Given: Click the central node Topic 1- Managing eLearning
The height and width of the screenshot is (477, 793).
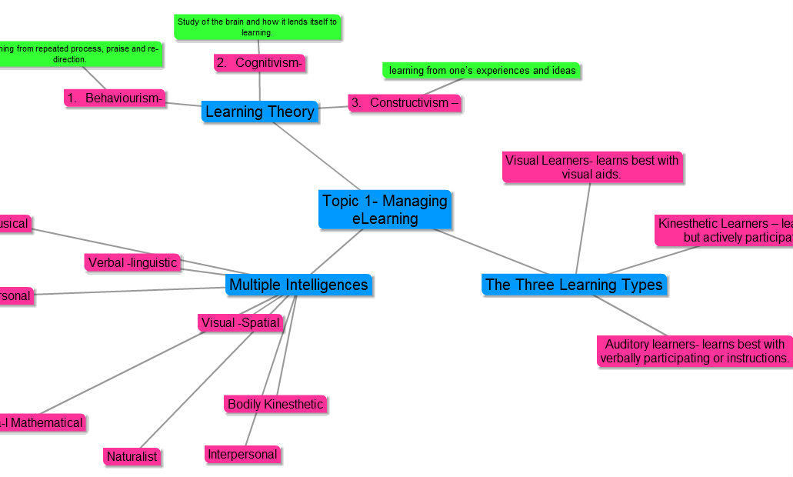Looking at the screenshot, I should pyautogui.click(x=385, y=209).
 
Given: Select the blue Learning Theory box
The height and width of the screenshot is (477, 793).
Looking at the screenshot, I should pyautogui.click(x=260, y=112).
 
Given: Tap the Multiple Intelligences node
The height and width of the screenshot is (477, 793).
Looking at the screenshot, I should pyautogui.click(x=298, y=285).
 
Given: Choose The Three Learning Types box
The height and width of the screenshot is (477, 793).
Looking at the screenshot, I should pyautogui.click(x=574, y=285).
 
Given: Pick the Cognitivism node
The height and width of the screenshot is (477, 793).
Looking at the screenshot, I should pyautogui.click(x=260, y=63).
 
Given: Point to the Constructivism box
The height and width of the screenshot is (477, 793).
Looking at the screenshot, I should pyautogui.click(x=405, y=103).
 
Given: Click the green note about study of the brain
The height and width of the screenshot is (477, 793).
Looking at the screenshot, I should pyautogui.click(x=257, y=27).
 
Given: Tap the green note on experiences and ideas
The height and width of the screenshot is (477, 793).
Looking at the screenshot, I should pyautogui.click(x=481, y=71).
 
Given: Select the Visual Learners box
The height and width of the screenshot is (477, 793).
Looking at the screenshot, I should pyautogui.click(x=592, y=167).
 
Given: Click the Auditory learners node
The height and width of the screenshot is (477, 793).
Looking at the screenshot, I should pyautogui.click(x=694, y=351).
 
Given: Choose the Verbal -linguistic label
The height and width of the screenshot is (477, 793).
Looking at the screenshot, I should pyautogui.click(x=132, y=263).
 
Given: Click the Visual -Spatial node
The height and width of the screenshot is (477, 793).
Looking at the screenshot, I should pyautogui.click(x=241, y=322).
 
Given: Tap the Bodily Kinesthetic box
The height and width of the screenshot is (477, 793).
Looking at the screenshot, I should pyautogui.click(x=275, y=404).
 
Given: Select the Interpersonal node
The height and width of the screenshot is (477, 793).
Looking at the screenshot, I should pyautogui.click(x=242, y=454).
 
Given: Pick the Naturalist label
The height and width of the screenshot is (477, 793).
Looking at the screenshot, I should pyautogui.click(x=132, y=456).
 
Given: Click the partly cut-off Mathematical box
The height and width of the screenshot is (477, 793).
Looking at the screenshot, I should pyautogui.click(x=42, y=422).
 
